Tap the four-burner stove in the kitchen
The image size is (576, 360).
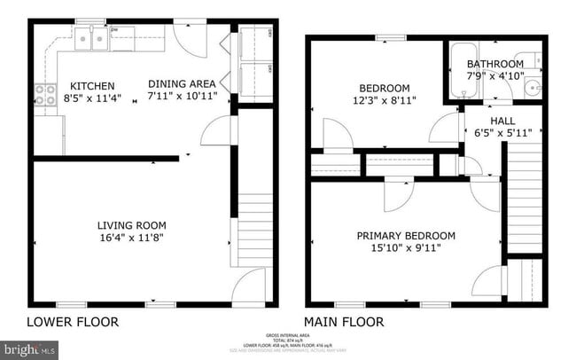pos(43,94)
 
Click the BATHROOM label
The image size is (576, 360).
pos(495,65)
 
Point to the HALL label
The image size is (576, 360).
pos(502,121)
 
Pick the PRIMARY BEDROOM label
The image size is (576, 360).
pos(406,236)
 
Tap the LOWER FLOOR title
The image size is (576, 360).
pos(73,322)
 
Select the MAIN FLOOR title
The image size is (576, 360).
pos(344,322)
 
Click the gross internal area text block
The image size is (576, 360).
pos(287,342)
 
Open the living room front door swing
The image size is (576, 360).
pos(252,285)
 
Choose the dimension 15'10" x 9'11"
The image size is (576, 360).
pos(406,248)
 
